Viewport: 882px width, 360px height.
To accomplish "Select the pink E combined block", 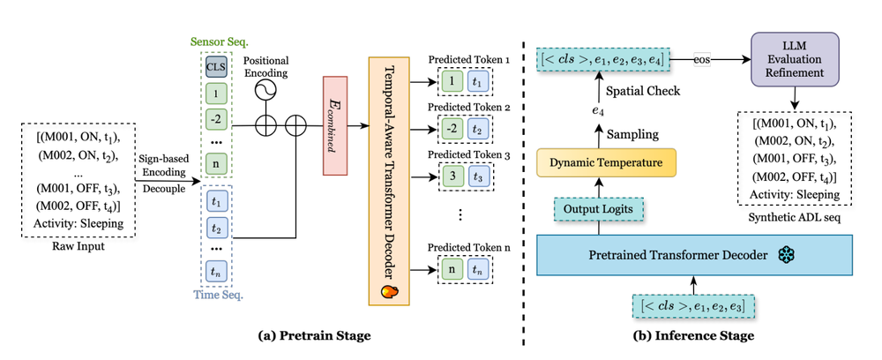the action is click(x=335, y=125).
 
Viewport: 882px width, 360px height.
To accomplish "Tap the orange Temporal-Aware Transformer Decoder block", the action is click(x=389, y=181).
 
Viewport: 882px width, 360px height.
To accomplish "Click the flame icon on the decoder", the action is click(x=389, y=291).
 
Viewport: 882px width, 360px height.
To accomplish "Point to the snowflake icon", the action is click(x=784, y=255).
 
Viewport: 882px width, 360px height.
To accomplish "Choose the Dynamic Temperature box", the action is click(x=605, y=163).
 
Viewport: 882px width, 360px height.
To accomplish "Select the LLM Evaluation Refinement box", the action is click(x=795, y=59).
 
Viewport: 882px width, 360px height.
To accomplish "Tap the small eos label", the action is click(x=701, y=60).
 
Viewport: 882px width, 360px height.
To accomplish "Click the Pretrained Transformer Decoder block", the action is click(x=695, y=255).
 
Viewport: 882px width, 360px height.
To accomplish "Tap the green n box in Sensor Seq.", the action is click(x=216, y=162).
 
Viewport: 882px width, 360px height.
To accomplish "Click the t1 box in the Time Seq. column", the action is click(x=216, y=201).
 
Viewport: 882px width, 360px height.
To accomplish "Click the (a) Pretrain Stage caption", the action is click(x=315, y=336).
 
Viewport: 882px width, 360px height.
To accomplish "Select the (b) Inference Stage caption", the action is click(x=694, y=336).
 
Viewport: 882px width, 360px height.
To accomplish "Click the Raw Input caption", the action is click(x=78, y=246).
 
